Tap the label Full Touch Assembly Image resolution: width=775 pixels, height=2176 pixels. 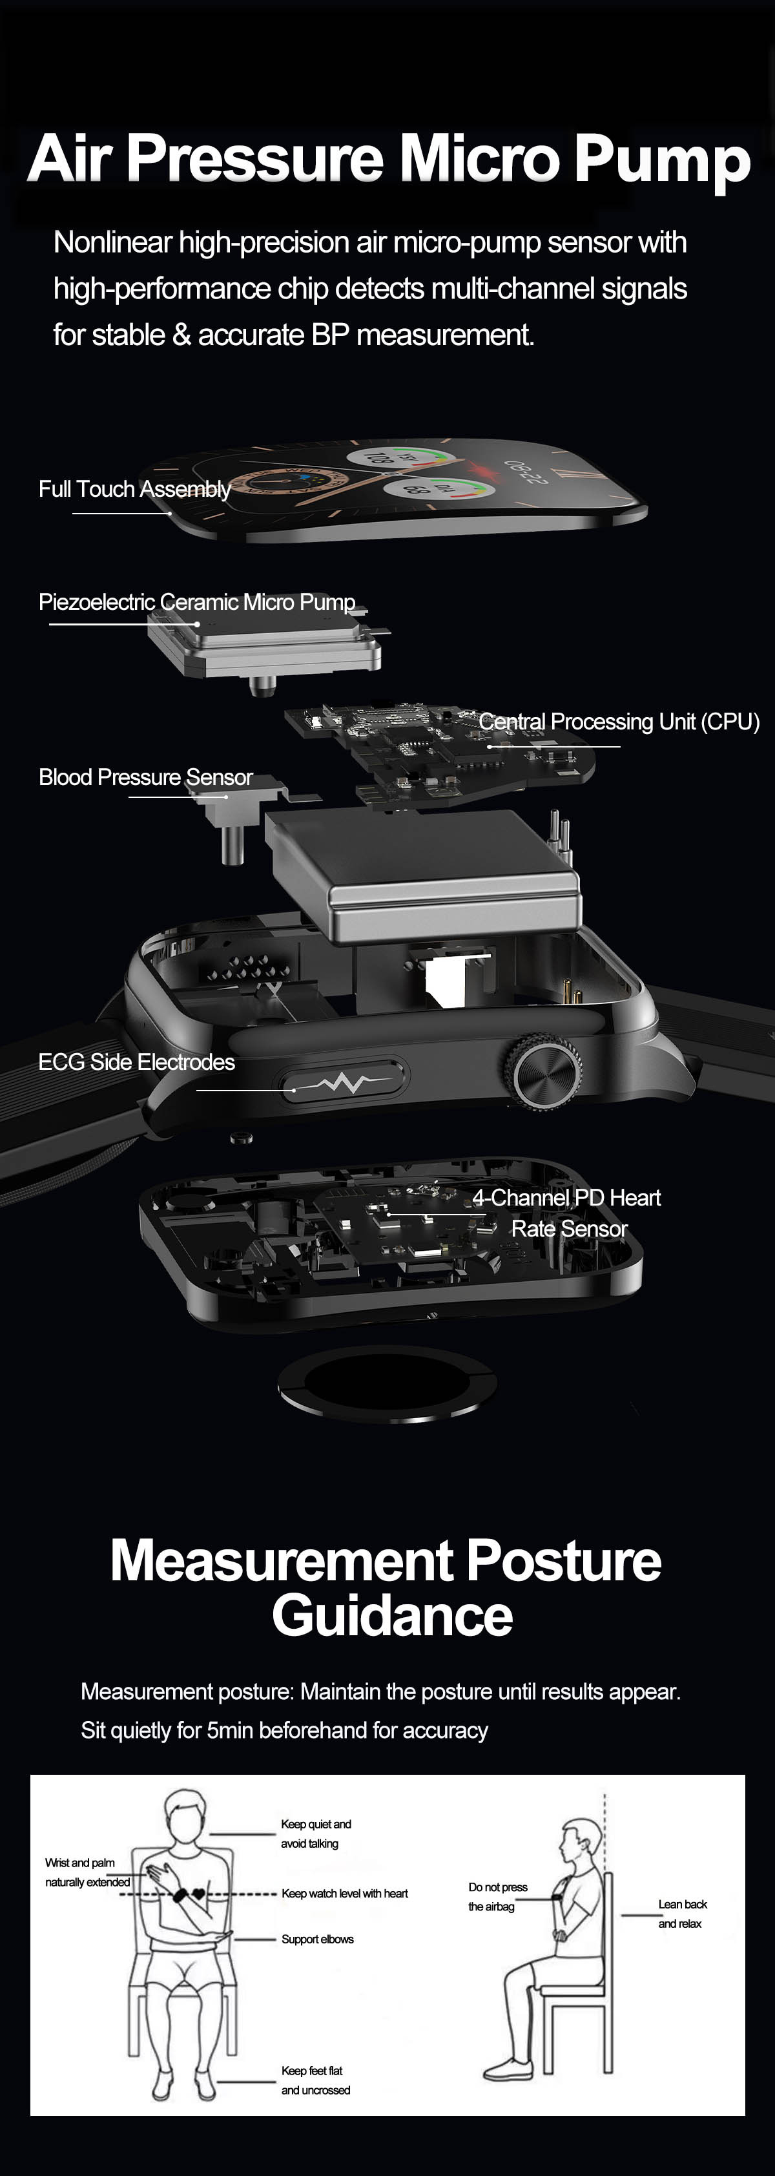tap(135, 489)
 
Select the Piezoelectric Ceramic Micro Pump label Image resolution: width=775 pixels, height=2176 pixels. tap(197, 602)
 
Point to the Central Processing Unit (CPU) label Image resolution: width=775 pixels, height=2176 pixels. tap(619, 722)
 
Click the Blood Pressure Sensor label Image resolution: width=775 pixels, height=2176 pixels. tap(146, 777)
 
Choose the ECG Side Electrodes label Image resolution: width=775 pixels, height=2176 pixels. tap(137, 1062)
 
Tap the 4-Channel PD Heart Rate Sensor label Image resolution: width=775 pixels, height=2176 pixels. tap(567, 1213)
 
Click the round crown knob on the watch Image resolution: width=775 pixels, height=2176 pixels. tap(544, 1072)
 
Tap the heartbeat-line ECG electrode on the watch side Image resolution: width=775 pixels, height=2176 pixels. tap(344, 1080)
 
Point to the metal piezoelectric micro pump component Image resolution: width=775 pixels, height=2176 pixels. tap(264, 645)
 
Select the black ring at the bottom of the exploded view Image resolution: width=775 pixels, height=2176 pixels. tap(387, 1383)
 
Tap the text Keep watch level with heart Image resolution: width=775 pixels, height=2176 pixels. tap(344, 1894)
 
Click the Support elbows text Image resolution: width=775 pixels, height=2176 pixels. tap(318, 1940)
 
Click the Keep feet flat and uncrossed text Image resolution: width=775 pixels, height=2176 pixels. tap(316, 2080)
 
